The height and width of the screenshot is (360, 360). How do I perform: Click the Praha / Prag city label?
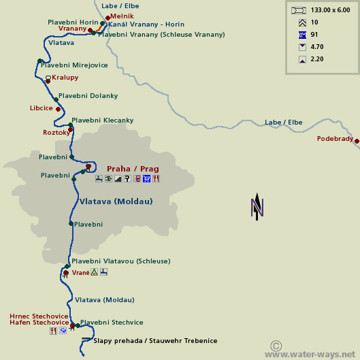(x=133, y=169)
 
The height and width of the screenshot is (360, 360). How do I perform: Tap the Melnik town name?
(x=122, y=16)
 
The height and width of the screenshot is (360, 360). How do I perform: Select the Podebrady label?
(x=335, y=139)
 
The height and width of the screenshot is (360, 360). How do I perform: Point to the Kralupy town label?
(x=65, y=78)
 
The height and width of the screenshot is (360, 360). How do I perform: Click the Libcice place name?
(x=41, y=108)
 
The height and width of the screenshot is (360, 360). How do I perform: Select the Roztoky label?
(x=56, y=133)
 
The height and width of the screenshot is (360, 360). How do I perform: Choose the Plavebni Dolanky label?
(x=88, y=96)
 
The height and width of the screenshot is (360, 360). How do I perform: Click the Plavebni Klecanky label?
(x=102, y=120)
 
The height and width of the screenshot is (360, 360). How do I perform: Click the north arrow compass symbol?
(x=257, y=207)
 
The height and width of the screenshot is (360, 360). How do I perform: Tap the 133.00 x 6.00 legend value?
(x=330, y=10)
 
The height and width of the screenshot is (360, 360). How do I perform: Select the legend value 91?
(x=314, y=35)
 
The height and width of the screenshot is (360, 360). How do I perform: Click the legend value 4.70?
(x=316, y=47)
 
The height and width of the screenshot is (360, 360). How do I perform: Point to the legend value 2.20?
(x=316, y=59)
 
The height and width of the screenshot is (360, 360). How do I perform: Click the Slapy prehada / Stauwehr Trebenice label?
(x=155, y=340)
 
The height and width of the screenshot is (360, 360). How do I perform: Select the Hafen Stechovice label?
(x=35, y=323)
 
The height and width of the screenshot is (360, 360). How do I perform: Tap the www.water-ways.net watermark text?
(x=311, y=355)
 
